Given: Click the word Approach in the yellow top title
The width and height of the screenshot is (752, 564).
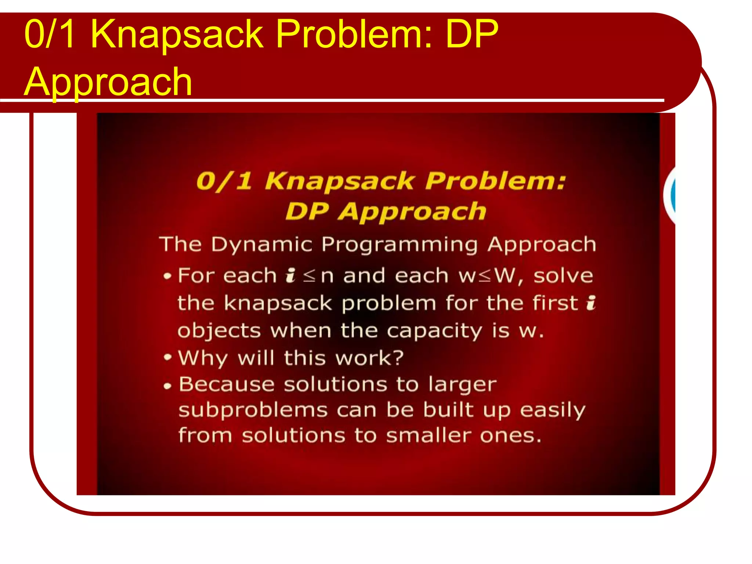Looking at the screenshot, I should (108, 82).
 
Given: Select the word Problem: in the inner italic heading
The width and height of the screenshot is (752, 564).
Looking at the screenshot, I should (495, 181).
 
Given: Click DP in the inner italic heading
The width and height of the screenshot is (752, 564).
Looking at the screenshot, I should (307, 212).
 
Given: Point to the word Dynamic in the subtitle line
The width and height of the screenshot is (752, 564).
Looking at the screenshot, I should (261, 245).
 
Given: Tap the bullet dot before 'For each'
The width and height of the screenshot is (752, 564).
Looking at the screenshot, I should (167, 276).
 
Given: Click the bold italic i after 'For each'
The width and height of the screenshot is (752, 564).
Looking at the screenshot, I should (290, 275).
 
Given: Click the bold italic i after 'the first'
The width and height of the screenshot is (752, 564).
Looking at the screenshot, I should (590, 303).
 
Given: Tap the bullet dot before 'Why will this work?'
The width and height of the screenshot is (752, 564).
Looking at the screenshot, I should (167, 357).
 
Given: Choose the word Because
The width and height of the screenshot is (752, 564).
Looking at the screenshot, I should (227, 384).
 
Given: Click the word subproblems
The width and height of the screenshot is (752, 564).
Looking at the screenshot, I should (253, 410).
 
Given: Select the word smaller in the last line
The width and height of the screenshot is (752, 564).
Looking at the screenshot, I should (429, 436).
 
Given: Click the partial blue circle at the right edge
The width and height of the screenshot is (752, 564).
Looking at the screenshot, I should (672, 195).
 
